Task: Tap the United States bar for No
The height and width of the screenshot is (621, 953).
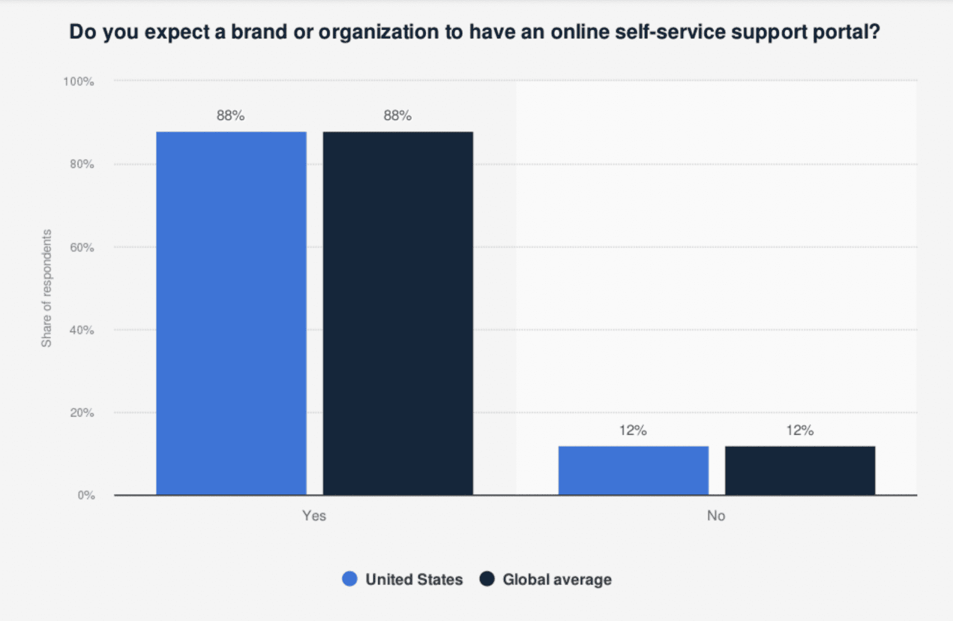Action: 633,471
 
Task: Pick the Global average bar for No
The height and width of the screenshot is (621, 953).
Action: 800,471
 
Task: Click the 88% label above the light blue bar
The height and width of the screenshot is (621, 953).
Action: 230,115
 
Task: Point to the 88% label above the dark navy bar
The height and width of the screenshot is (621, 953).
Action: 398,115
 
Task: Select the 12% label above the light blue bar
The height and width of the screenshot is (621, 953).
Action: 633,430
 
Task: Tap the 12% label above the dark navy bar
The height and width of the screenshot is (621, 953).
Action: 800,430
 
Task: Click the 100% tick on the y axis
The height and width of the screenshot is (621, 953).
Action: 79,82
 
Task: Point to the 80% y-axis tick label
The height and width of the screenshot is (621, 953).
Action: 82,164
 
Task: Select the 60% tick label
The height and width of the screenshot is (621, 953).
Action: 82,247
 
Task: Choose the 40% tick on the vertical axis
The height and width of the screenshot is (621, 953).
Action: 82,330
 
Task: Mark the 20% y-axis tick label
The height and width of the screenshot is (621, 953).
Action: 82,412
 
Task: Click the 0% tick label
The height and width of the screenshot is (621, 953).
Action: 86,496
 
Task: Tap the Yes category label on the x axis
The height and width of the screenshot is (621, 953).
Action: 314,516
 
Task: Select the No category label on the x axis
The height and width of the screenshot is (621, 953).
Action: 716,516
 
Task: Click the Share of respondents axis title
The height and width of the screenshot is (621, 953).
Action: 47,288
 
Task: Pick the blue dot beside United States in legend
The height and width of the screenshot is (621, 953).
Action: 350,579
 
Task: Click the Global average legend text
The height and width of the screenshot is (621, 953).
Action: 557,580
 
